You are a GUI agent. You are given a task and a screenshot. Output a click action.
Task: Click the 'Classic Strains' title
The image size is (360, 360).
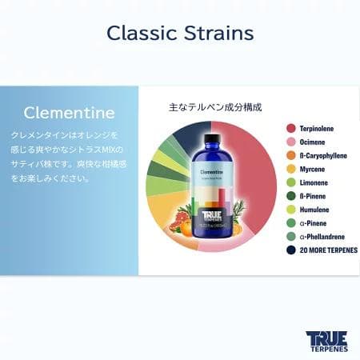[x=180, y=33]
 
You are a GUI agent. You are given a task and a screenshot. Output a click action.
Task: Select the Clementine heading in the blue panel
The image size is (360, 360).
[x=69, y=112]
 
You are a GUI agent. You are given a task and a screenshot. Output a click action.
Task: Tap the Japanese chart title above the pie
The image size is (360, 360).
[x=215, y=106]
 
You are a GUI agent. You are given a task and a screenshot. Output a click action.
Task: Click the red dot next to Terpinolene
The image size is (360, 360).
[x=291, y=127]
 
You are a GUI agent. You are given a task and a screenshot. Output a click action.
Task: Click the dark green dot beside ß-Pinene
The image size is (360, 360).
[x=291, y=195]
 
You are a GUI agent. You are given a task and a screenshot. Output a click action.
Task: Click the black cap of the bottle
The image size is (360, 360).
[x=211, y=142]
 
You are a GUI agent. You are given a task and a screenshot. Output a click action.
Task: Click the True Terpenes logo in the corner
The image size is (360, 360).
[x=326, y=341]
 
